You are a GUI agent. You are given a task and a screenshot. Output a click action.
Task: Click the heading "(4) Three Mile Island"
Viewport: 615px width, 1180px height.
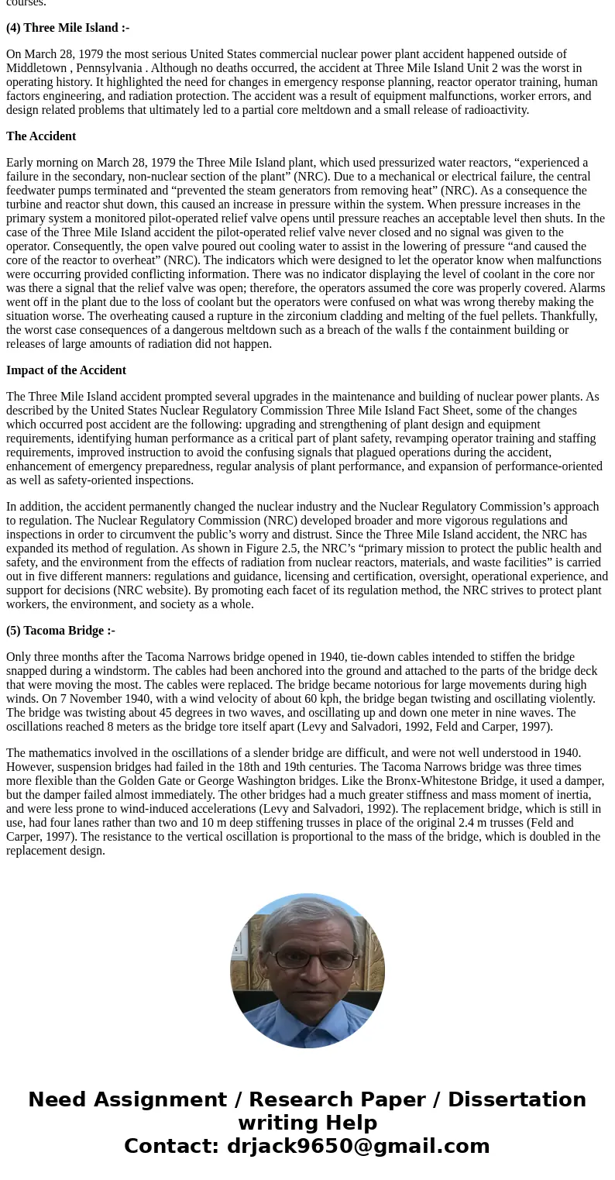coord(67,28)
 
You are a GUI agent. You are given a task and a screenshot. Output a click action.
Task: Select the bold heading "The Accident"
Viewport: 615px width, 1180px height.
coord(41,136)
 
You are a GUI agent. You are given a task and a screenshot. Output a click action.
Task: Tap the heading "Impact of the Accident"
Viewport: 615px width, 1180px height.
coord(66,370)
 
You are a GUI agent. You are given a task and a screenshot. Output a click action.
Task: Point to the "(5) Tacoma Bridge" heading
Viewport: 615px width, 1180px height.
coord(60,631)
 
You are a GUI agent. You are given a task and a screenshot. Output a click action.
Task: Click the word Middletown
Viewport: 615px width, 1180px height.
coord(36,68)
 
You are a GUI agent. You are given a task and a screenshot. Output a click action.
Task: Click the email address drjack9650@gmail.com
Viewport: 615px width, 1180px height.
coord(358,1147)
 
